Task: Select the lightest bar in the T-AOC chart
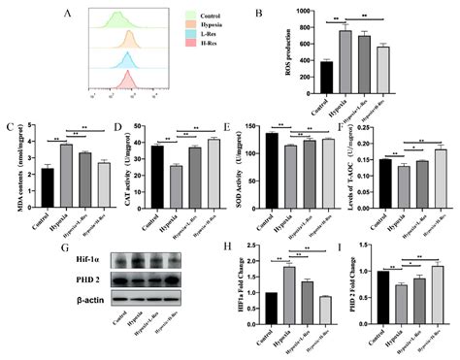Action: (443, 172)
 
